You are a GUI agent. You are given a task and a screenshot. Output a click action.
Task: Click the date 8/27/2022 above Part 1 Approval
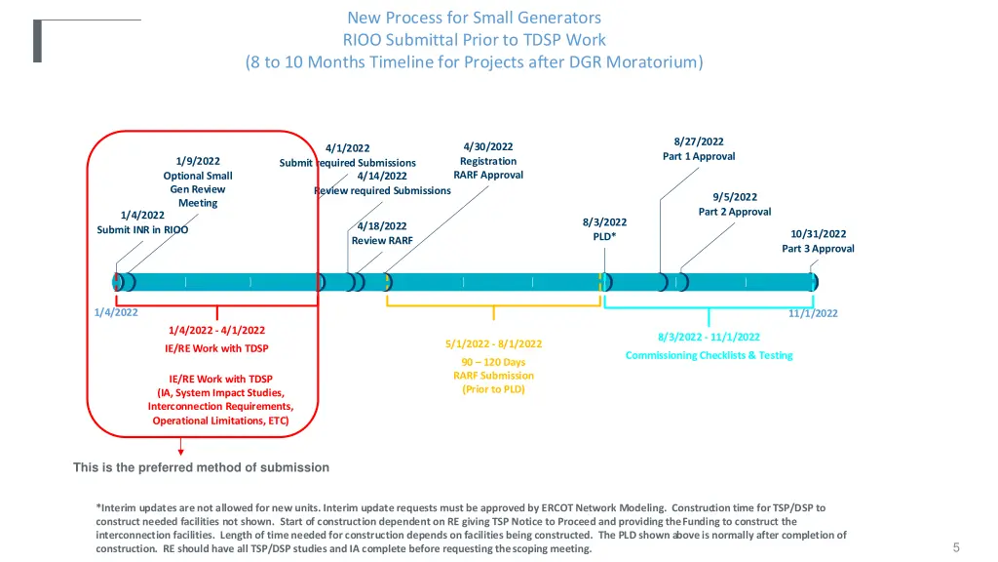[x=699, y=141]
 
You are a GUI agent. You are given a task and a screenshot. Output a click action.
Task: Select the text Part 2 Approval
[x=734, y=212]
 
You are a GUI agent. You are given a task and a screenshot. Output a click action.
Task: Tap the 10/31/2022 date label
[x=818, y=234]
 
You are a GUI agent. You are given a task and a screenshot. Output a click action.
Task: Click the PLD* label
[x=604, y=236]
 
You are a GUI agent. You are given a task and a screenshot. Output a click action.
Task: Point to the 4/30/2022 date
[x=488, y=147]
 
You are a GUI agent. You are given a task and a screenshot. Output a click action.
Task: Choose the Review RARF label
[x=382, y=240]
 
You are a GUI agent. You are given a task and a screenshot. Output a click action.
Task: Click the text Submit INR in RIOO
[x=142, y=230]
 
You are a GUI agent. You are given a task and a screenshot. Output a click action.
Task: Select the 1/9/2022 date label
[x=198, y=161]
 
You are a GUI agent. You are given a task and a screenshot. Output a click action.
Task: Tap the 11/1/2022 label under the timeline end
[x=813, y=313]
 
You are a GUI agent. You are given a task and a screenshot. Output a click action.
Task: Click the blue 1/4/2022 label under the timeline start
[x=116, y=312]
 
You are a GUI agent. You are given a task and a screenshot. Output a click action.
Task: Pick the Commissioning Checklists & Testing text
[x=709, y=355]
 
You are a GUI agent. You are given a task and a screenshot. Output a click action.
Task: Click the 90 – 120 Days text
[x=493, y=362]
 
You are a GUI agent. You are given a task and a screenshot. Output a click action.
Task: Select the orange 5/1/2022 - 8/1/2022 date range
[x=493, y=343]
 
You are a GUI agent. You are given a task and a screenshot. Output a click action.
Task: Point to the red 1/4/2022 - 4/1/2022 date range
[x=216, y=331]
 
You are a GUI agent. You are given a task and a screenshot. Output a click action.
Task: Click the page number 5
[x=956, y=547]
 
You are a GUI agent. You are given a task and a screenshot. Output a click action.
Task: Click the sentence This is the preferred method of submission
[x=201, y=467]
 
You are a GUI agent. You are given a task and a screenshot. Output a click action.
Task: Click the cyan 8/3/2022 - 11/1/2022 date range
[x=709, y=337]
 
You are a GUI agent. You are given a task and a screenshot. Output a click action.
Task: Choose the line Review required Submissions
[x=382, y=190]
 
